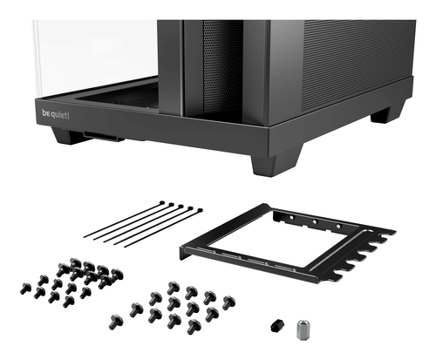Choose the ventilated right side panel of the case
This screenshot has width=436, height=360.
coord(349,57)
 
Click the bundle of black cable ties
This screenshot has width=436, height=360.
coord(144,223)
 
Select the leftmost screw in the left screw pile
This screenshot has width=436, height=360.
coord(24,288)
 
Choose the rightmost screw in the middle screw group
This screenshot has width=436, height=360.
coord(228,302)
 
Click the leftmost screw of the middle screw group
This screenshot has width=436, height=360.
coord(115,322)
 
